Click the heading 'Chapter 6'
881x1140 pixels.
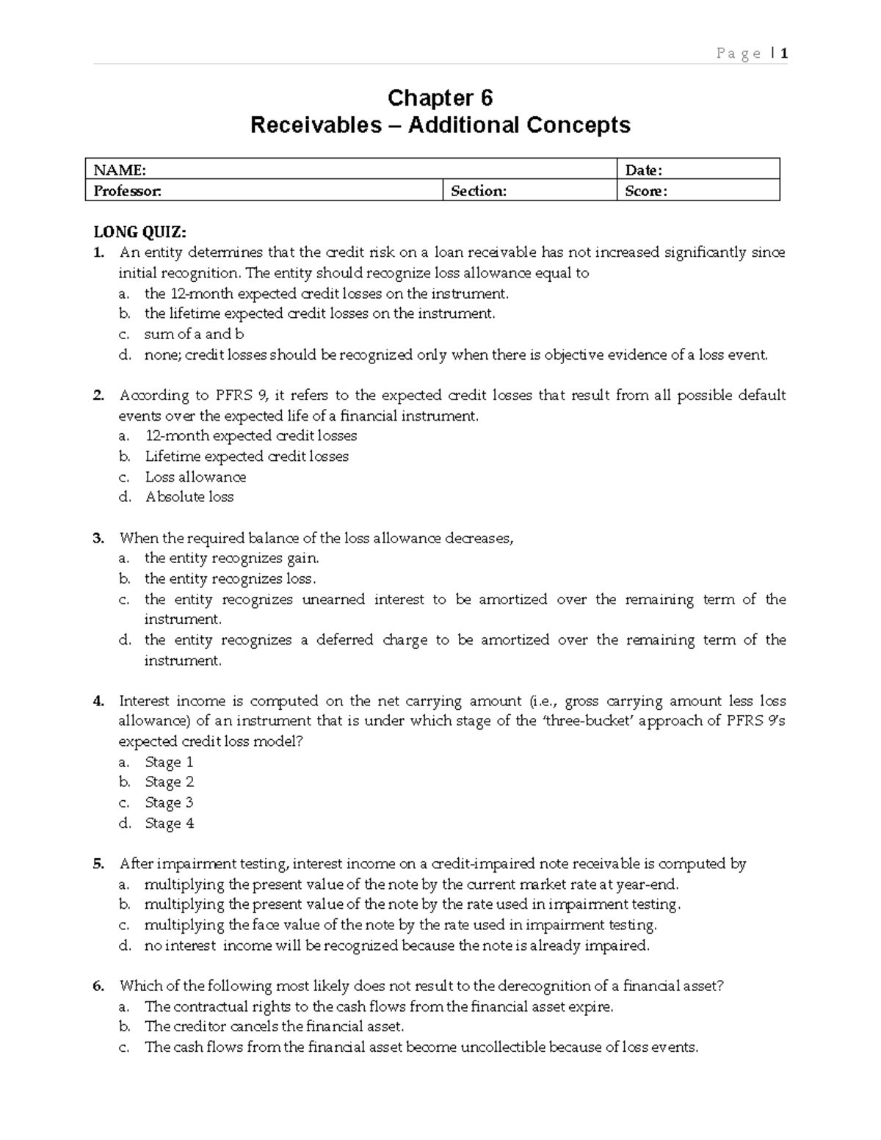(440, 98)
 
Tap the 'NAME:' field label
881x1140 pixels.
(120, 170)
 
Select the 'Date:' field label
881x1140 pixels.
(644, 170)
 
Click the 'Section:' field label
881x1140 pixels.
(479, 192)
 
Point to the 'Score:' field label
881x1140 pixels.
(646, 192)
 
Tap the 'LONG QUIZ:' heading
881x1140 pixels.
(139, 232)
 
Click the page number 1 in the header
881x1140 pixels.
(784, 53)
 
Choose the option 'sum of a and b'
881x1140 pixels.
(194, 334)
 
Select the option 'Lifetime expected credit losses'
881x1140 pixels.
(247, 457)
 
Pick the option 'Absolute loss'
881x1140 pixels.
(189, 497)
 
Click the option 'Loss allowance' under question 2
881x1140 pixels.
(195, 477)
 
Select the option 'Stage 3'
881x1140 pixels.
(169, 802)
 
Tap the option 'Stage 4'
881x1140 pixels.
(170, 823)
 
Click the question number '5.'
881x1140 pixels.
(99, 864)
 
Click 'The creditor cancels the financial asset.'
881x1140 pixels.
(274, 1026)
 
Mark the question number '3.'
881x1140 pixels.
(99, 538)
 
